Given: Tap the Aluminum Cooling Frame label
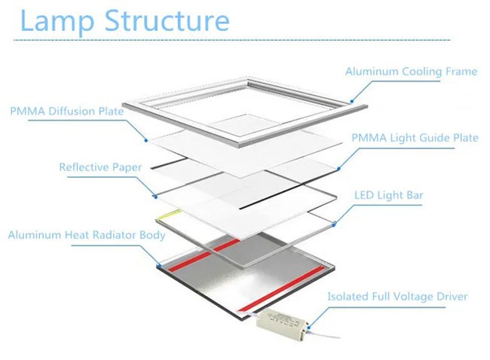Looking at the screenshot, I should tap(411, 72).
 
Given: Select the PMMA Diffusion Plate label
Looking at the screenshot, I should tap(66, 111).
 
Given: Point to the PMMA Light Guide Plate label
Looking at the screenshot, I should tap(415, 138).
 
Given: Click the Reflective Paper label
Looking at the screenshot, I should tap(100, 167).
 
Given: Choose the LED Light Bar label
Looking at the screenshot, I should tap(389, 196).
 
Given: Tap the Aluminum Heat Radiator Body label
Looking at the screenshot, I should tap(87, 235).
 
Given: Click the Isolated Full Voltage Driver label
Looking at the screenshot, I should tap(397, 297).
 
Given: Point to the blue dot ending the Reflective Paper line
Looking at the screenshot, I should tap(155, 196).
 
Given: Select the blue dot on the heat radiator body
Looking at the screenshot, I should tap(158, 266).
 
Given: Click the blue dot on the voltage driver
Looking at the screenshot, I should tap(307, 327).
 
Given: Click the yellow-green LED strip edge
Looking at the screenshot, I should tap(167, 216).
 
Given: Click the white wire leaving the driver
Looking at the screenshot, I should tap(324, 331).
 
